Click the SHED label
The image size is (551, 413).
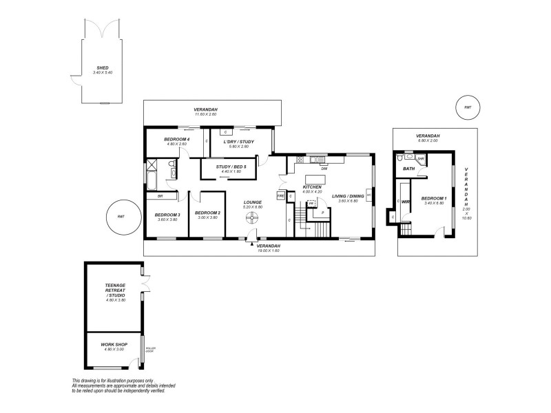click(102, 67)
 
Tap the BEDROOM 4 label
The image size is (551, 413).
click(177, 140)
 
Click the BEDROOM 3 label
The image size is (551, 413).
click(169, 215)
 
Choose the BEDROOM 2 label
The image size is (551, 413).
click(209, 213)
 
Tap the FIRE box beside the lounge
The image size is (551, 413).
click(280, 196)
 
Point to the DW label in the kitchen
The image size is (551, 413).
click(324, 168)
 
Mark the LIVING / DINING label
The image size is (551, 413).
click(348, 196)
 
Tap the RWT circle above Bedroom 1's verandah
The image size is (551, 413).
click(468, 107)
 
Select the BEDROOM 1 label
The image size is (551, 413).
click(435, 198)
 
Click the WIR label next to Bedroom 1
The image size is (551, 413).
click(406, 202)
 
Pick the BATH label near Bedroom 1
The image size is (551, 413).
click(409, 169)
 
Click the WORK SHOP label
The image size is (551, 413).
click(112, 344)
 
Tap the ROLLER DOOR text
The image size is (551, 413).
click(151, 350)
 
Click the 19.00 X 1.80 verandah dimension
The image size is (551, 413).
click(269, 251)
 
